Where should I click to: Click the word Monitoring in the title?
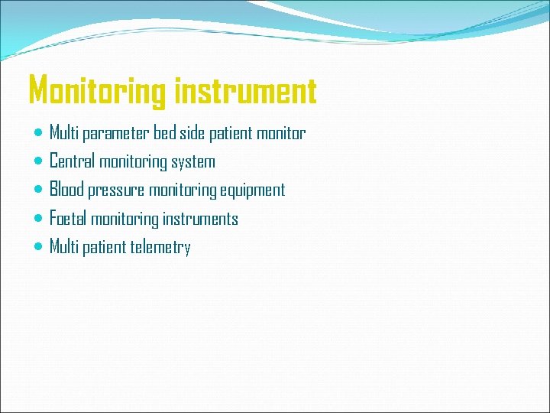pyautogui.click(x=97, y=91)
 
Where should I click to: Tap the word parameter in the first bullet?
pyautogui.click(x=117, y=134)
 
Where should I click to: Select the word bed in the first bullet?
pyautogui.click(x=165, y=134)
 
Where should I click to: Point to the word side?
pyautogui.click(x=192, y=134)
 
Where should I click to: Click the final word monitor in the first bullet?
pyautogui.click(x=280, y=134)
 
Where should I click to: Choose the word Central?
pyautogui.click(x=73, y=161)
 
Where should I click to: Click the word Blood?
pyautogui.click(x=67, y=190)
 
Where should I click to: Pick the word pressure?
pyautogui.click(x=116, y=190)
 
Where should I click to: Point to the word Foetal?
pyautogui.click(x=68, y=219)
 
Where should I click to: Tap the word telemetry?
pyautogui.click(x=160, y=248)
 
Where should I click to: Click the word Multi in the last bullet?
pyautogui.click(x=63, y=247)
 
